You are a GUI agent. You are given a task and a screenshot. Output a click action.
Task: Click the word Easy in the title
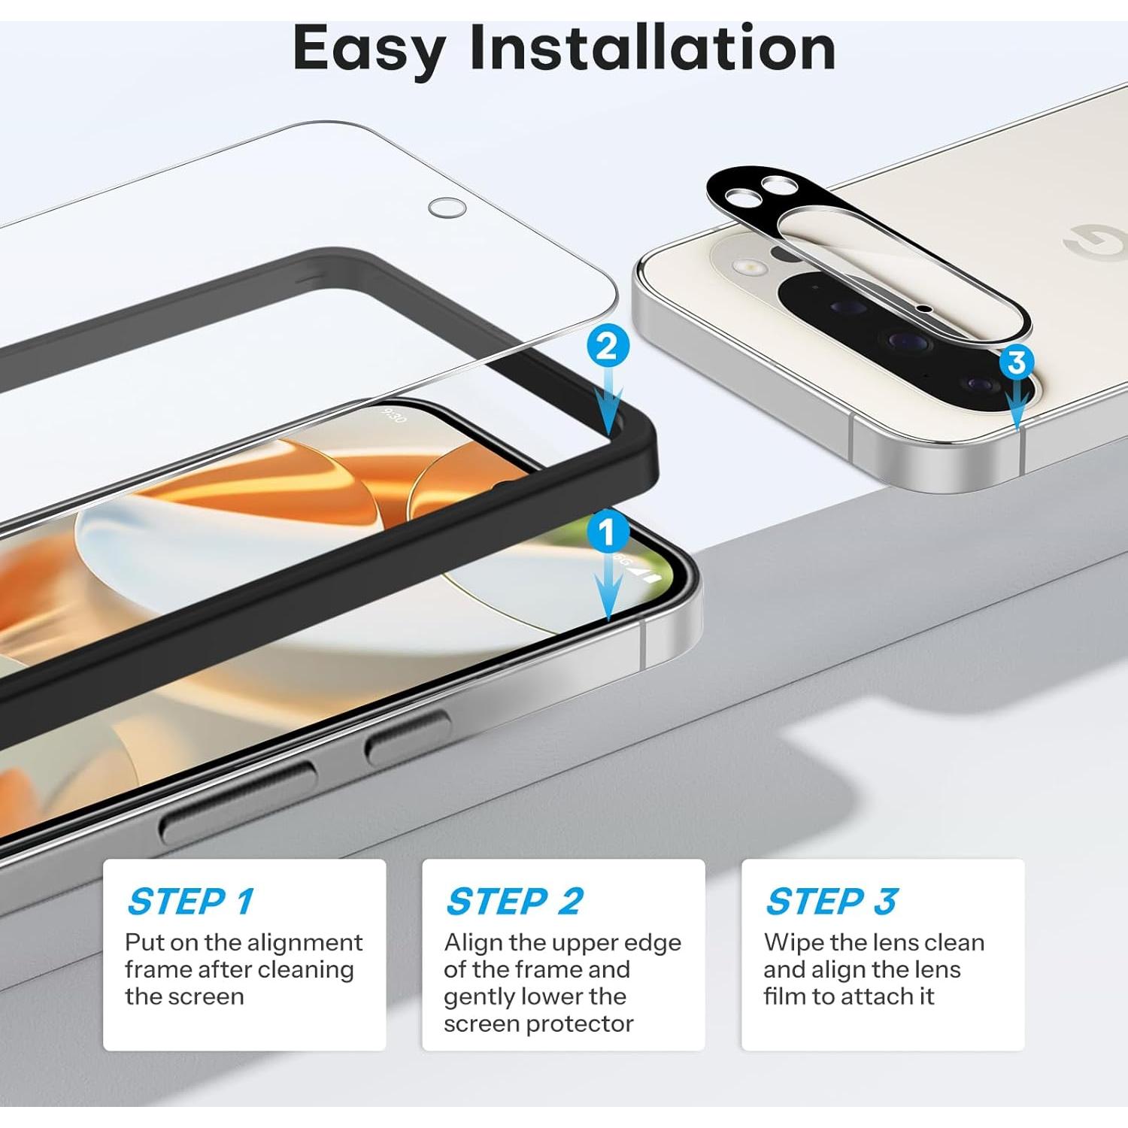[369, 50]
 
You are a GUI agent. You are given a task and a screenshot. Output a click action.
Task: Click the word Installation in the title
[652, 48]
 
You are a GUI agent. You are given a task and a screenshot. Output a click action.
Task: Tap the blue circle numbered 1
[607, 532]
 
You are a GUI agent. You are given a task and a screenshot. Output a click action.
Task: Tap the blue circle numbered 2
[607, 346]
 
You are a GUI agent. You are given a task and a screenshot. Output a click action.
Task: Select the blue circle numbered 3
[1017, 362]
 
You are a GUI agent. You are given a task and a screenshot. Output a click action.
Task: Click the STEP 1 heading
[191, 901]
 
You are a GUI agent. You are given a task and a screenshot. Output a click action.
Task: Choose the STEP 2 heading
[514, 901]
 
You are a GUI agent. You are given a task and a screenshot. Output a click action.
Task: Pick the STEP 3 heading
[831, 901]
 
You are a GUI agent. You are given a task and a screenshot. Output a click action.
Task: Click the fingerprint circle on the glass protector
[447, 208]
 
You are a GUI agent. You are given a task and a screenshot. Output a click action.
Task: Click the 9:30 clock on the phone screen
[393, 415]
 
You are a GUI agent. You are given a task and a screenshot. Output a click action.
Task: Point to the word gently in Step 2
[478, 997]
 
